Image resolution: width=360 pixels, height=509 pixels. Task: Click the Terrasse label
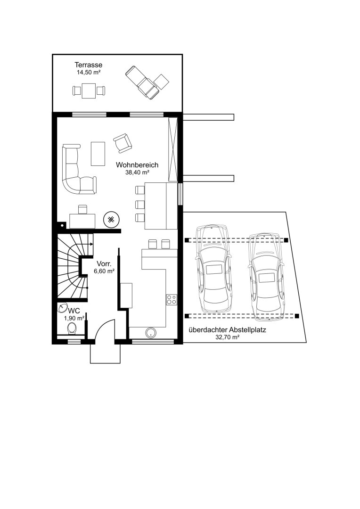pyautogui.click(x=88, y=65)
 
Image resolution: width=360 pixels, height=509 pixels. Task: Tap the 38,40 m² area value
pyautogui.click(x=137, y=172)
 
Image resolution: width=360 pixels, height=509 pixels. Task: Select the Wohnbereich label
pyautogui.click(x=137, y=165)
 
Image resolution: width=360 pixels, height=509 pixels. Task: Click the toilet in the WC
pyautogui.click(x=72, y=328)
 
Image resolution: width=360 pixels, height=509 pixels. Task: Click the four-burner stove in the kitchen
pyautogui.click(x=172, y=299)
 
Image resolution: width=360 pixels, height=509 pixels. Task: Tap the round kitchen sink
pyautogui.click(x=151, y=332)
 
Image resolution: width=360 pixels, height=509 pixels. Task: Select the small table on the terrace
pyautogui.click(x=89, y=90)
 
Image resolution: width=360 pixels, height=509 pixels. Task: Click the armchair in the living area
pyautogui.click(x=123, y=143)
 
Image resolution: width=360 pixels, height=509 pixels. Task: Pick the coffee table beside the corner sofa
pyautogui.click(x=98, y=154)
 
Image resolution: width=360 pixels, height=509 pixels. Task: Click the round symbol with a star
pyautogui.click(x=111, y=220)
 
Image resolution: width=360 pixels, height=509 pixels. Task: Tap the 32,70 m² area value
pyautogui.click(x=227, y=337)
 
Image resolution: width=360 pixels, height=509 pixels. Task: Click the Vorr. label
pyautogui.click(x=104, y=264)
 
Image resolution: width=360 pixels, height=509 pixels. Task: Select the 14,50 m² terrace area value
pyautogui.click(x=88, y=73)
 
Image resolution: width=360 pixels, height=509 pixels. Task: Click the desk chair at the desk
pyautogui.click(x=83, y=209)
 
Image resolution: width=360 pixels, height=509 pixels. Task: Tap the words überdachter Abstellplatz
pyautogui.click(x=227, y=330)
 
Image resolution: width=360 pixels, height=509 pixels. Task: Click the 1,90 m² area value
pyautogui.click(x=74, y=319)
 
